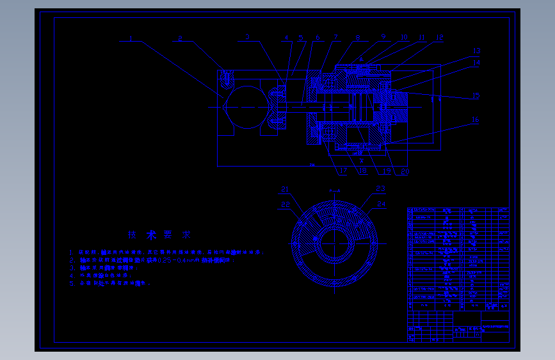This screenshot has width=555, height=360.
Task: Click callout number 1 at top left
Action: (x=131, y=38)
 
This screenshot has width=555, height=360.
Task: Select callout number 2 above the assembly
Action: (x=181, y=38)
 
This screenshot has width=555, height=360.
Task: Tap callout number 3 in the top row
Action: (x=247, y=38)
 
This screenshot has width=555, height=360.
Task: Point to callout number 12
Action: (x=439, y=38)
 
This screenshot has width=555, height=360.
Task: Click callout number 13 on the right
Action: (x=476, y=51)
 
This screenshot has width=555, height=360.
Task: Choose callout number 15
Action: (x=476, y=96)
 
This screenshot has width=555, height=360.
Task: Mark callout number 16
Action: (x=475, y=120)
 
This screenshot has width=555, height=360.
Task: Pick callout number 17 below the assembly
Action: (x=343, y=171)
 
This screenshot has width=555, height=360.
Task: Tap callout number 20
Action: (x=405, y=171)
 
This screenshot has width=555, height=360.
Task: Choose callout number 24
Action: (x=382, y=204)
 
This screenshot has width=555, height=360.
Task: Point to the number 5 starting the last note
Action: (x=72, y=282)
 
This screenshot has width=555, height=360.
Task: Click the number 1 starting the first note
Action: (x=72, y=253)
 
